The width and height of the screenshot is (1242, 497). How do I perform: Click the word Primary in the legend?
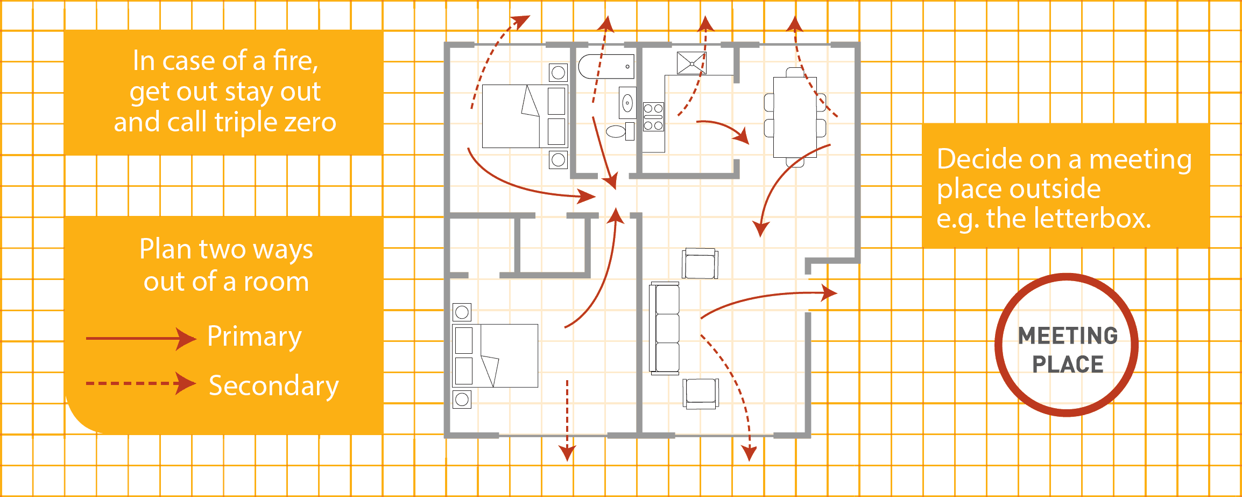(x=255, y=338)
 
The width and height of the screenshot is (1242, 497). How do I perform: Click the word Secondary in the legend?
(x=274, y=386)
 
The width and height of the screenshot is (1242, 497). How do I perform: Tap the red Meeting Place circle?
(x=1067, y=345)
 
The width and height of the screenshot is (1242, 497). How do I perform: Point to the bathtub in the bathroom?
(x=606, y=66)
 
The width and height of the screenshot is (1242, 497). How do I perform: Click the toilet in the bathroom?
(x=620, y=131)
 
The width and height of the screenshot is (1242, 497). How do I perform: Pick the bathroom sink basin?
(x=627, y=102)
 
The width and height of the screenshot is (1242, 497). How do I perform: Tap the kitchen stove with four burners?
(x=653, y=117)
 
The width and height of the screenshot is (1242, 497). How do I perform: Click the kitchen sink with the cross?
(x=691, y=63)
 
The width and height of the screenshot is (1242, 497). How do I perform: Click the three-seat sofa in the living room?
(x=665, y=328)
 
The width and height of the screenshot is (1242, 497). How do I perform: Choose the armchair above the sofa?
(x=700, y=263)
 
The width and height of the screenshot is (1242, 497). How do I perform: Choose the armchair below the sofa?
(x=701, y=394)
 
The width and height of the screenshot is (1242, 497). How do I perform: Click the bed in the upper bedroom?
(x=525, y=116)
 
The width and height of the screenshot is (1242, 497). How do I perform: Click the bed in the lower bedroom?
(x=495, y=355)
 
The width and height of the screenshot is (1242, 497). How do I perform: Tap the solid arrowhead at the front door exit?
(x=829, y=293)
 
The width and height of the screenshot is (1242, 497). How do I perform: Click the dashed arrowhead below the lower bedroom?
(x=567, y=453)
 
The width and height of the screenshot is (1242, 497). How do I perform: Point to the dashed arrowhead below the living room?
(x=749, y=453)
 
